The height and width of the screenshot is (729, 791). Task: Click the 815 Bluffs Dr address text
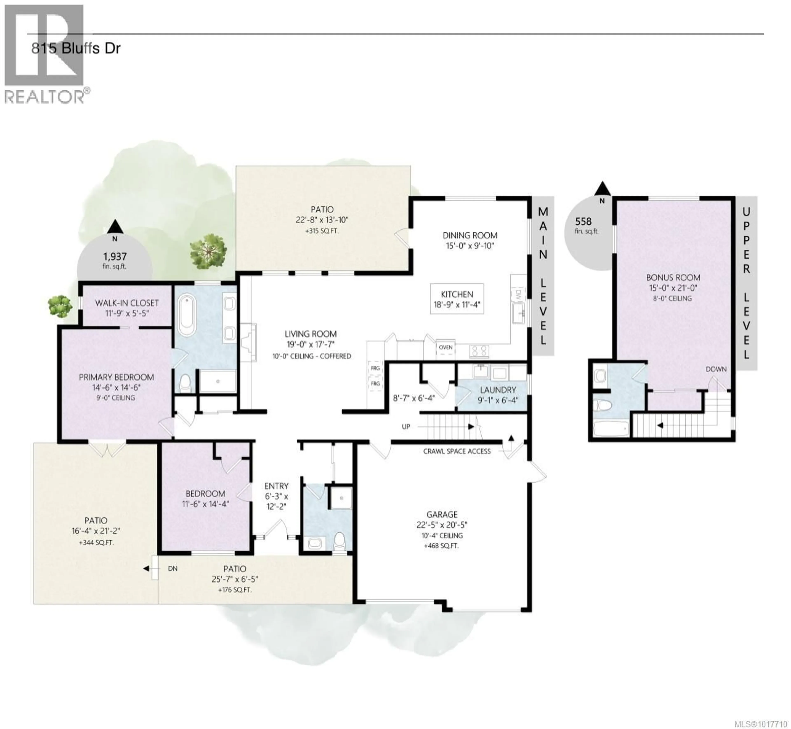click(x=76, y=49)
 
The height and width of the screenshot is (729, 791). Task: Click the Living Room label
click(x=311, y=334)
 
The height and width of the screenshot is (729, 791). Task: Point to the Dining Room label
click(x=470, y=236)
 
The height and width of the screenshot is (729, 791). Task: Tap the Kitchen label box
click(x=457, y=299)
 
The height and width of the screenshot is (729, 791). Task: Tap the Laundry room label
click(x=498, y=390)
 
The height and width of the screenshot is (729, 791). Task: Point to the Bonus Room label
click(x=673, y=278)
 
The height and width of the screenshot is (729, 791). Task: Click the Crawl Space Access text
click(x=457, y=451)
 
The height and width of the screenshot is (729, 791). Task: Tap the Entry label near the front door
click(x=276, y=486)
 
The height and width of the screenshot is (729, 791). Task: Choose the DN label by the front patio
click(x=172, y=568)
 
